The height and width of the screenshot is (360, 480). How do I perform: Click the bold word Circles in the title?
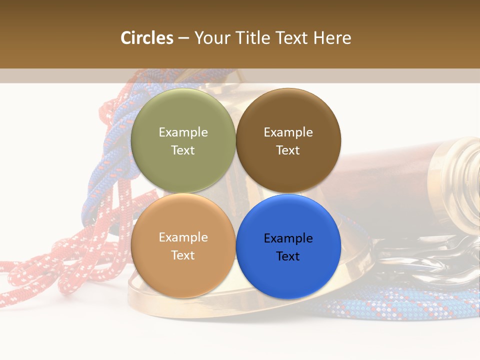click(x=146, y=38)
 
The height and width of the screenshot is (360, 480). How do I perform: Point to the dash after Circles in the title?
click(x=183, y=38)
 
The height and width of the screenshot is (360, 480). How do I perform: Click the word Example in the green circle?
click(x=183, y=132)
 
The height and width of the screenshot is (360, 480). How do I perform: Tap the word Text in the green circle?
click(x=183, y=150)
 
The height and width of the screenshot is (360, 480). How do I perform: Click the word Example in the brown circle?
click(x=288, y=132)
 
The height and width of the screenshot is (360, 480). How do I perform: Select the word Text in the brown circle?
click(x=288, y=150)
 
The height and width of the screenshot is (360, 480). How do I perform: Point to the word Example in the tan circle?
click(x=183, y=237)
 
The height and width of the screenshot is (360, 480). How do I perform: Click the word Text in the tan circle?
click(x=183, y=255)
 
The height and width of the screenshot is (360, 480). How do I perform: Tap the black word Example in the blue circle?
click(x=288, y=238)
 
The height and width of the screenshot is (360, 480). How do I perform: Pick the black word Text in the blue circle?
click(x=288, y=256)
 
